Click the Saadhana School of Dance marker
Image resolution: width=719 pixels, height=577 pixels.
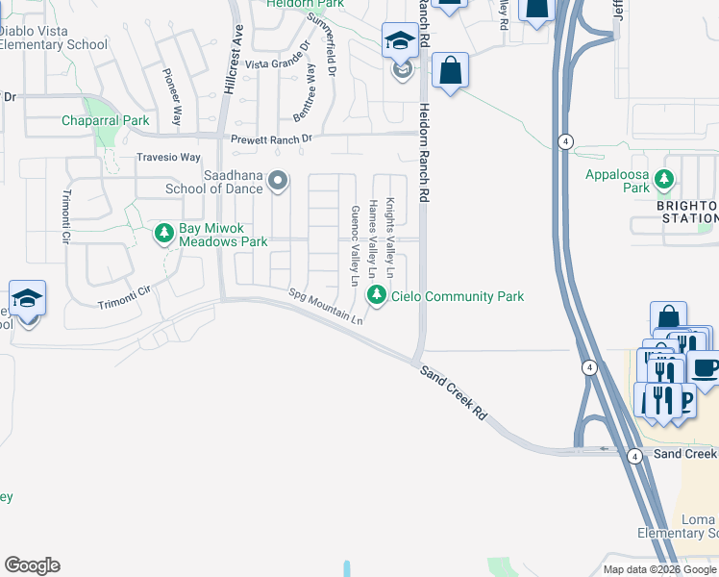click(278, 180)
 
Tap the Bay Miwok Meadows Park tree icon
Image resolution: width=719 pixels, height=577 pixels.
click(164, 234)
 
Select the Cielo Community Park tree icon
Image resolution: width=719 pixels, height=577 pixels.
click(378, 296)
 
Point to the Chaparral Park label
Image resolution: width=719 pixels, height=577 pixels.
click(106, 120)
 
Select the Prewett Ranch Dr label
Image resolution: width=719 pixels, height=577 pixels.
click(272, 138)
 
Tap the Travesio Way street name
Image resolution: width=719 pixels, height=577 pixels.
click(168, 157)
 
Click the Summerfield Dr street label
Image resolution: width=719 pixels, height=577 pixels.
click(322, 44)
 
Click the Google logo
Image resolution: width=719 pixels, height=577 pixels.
click(32, 565)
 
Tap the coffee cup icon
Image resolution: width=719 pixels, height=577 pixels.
click(704, 368)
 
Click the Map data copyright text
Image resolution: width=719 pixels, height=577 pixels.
click(659, 569)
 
